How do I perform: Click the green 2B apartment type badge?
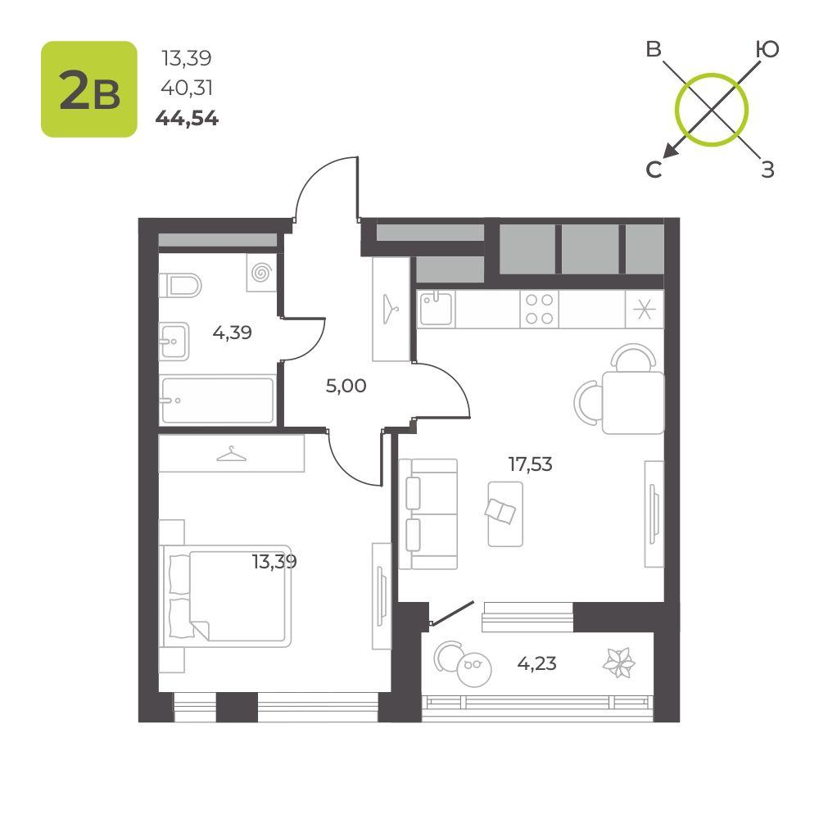click(x=89, y=89)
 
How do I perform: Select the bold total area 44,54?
click(x=187, y=119)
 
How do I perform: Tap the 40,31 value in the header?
click(x=187, y=88)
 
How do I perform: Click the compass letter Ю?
click(x=767, y=49)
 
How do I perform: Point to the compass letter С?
click(x=654, y=170)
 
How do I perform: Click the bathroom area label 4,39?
click(x=233, y=332)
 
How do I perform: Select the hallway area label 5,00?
click(x=346, y=386)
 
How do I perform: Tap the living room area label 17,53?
click(x=530, y=464)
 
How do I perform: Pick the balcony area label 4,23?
click(x=537, y=663)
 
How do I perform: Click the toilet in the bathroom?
click(x=180, y=285)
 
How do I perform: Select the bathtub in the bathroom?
click(x=217, y=400)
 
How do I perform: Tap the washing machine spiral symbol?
click(x=261, y=273)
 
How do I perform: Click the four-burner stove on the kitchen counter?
click(x=539, y=310)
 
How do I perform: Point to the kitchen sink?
click(x=437, y=309)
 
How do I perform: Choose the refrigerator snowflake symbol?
click(x=644, y=310)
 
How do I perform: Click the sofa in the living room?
click(x=428, y=514)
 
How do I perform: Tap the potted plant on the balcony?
click(x=619, y=663)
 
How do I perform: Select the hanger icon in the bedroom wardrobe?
click(x=232, y=454)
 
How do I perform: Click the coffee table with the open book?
click(x=505, y=514)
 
